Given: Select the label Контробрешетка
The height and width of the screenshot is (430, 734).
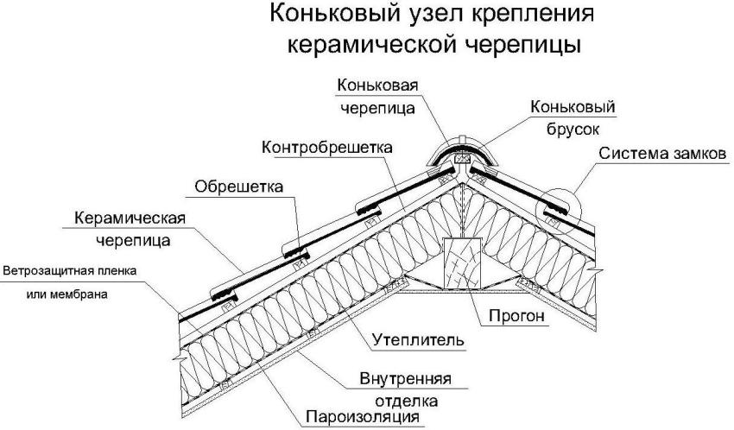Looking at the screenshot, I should coord(326,147).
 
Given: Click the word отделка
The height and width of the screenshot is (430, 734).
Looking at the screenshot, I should coord(408,402).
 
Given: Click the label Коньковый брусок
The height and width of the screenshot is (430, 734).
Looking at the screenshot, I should coord(573,117).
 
